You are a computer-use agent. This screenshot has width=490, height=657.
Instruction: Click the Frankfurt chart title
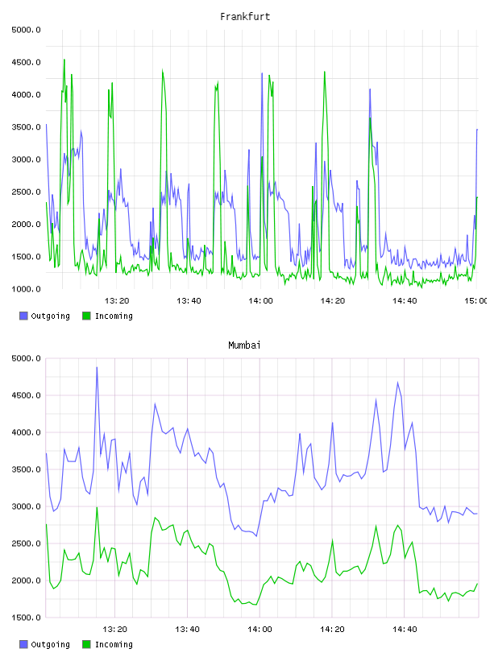245,17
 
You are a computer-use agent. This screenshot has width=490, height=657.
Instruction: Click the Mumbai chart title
244,345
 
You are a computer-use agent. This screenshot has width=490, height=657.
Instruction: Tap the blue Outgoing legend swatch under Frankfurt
23,316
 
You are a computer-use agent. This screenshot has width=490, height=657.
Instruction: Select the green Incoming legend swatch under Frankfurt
86,316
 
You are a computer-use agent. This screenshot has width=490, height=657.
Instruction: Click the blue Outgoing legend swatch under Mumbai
23,644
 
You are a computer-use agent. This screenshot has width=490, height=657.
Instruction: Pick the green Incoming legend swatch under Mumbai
86,644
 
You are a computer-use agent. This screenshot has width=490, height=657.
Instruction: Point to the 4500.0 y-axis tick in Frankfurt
26,63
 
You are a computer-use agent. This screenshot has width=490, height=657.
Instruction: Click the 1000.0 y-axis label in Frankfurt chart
26,289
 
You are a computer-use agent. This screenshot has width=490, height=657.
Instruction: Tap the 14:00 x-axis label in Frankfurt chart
260,300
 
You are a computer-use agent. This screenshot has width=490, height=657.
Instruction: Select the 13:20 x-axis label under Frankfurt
117,300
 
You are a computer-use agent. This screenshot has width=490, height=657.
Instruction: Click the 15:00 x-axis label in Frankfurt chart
476,300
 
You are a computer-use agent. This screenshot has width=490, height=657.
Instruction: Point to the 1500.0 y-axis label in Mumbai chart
26,618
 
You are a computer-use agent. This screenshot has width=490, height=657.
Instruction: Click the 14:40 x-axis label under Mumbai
405,629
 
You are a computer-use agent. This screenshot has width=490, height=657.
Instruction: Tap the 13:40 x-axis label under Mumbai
187,629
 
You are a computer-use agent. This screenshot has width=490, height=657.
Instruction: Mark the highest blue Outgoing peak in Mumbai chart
97,367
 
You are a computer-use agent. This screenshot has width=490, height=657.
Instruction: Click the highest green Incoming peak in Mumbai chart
97,507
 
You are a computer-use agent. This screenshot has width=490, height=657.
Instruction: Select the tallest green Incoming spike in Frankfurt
64,60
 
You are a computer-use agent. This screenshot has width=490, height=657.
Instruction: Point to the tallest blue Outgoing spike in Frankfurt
262,73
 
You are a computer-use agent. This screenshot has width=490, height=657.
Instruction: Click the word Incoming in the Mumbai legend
114,645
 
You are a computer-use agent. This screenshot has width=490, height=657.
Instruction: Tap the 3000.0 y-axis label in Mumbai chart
26,506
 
